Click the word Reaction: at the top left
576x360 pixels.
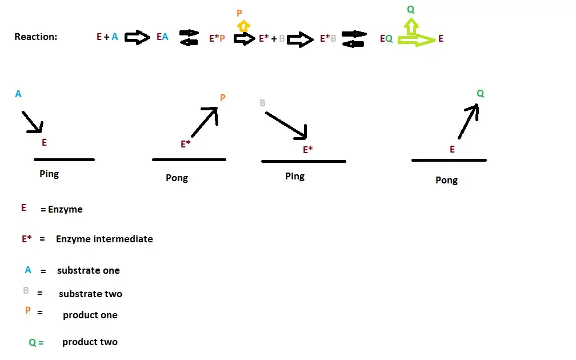pyautogui.click(x=35, y=37)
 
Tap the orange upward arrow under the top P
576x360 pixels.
pyautogui.click(x=243, y=25)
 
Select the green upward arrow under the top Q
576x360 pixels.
pyautogui.click(x=410, y=25)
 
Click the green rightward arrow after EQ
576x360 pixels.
pyautogui.click(x=416, y=40)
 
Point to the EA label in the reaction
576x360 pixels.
pyautogui.click(x=162, y=37)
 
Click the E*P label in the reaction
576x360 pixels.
pyautogui.click(x=217, y=39)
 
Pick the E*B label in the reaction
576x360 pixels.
pyautogui.click(x=328, y=39)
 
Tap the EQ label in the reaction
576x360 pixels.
pyautogui.click(x=386, y=39)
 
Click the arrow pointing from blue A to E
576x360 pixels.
pyautogui.click(x=32, y=121)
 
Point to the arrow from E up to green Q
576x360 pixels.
pyautogui.click(x=468, y=121)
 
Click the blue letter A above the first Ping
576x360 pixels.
pyautogui.click(x=18, y=94)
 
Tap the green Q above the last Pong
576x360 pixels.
pyautogui.click(x=480, y=94)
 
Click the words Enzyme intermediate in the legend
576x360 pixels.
pyautogui.click(x=104, y=239)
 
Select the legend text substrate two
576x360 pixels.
pyautogui.click(x=90, y=294)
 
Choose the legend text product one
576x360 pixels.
pyautogui.click(x=90, y=315)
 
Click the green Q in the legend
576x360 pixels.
pyautogui.click(x=32, y=343)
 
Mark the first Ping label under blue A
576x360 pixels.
pyautogui.click(x=49, y=174)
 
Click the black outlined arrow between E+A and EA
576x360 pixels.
pyautogui.click(x=137, y=38)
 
